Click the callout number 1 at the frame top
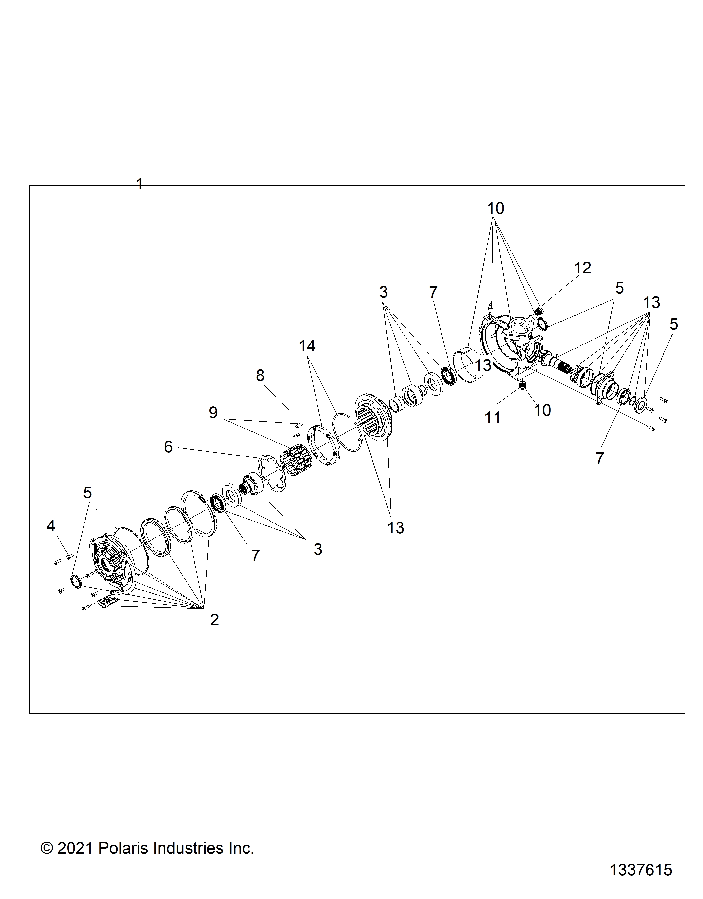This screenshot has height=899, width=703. click(x=140, y=184)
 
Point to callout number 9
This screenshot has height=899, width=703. click(x=213, y=413)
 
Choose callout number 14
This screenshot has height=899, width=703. click(x=307, y=346)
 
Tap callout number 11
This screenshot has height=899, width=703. click(x=493, y=418)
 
